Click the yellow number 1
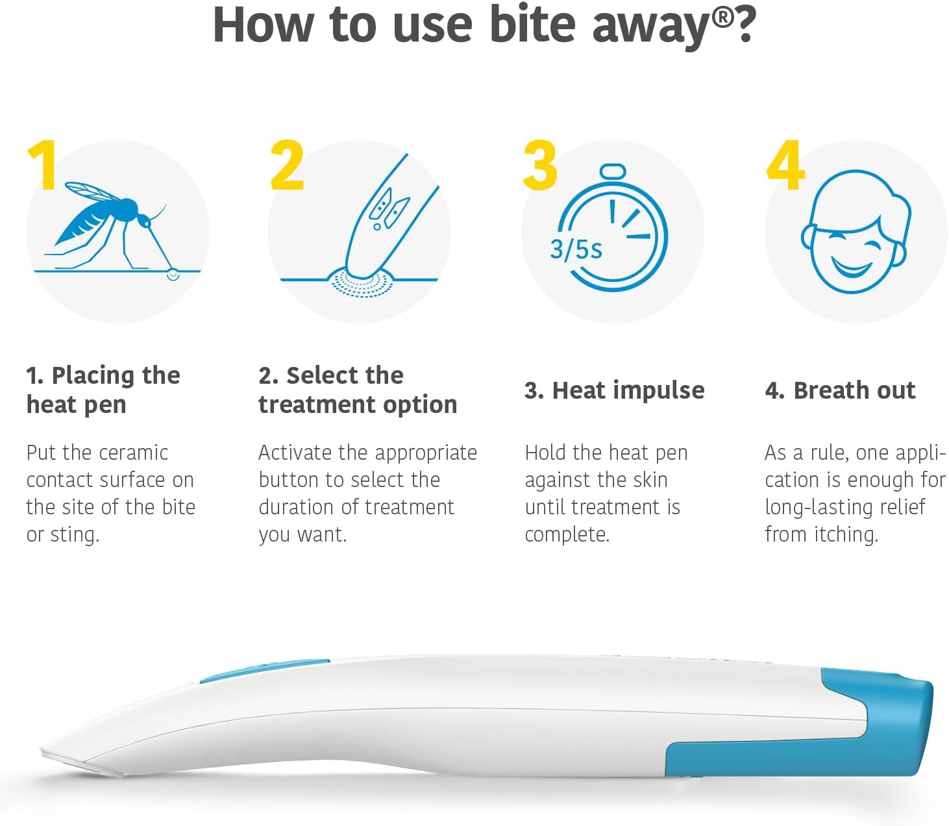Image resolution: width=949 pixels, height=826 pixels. tap(43, 164)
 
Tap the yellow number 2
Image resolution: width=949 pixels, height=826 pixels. tap(287, 164)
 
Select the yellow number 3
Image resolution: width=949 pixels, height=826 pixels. tap(540, 164)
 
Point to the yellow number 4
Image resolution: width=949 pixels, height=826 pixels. tap(785, 164)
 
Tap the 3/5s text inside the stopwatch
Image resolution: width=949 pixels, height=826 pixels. tap(576, 249)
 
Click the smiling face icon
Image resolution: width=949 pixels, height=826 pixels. tap(856, 231)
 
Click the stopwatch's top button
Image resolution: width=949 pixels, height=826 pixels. tap(613, 171)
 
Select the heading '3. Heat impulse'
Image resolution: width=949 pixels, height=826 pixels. tap(615, 390)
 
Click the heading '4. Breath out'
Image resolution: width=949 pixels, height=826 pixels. tap(840, 390)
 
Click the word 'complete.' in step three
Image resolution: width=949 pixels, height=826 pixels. tap(567, 534)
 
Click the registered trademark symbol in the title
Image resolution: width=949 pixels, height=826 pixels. tap(722, 18)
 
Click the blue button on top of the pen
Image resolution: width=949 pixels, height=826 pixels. tap(264, 670)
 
